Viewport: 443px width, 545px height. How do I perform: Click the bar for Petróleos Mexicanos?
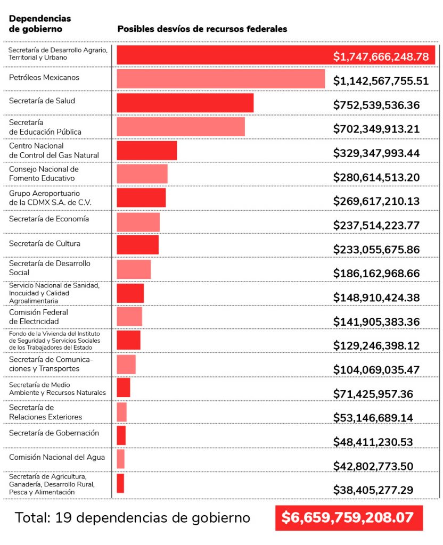220,79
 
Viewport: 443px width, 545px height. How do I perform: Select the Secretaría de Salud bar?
185,103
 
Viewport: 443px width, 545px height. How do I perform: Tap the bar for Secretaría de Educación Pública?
181,127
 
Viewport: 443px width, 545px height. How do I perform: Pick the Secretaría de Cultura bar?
137,245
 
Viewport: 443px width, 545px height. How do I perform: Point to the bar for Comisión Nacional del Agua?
120,459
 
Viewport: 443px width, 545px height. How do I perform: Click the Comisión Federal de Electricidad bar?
129,316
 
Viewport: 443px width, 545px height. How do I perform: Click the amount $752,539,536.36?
376,105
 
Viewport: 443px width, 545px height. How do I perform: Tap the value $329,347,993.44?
376,153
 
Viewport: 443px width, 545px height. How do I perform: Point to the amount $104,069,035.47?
376,369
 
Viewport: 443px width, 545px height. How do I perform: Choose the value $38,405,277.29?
373,490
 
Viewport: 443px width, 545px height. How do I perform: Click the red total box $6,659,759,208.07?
349,517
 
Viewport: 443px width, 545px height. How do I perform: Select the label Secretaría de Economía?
49,219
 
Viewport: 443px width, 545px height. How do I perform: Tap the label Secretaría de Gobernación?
54,433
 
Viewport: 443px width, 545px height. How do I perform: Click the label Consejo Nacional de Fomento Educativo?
44,174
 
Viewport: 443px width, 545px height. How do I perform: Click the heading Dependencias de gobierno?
40,24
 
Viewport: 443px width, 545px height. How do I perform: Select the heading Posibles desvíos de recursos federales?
202,29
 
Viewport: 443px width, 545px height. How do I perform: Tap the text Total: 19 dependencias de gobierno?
132,517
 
